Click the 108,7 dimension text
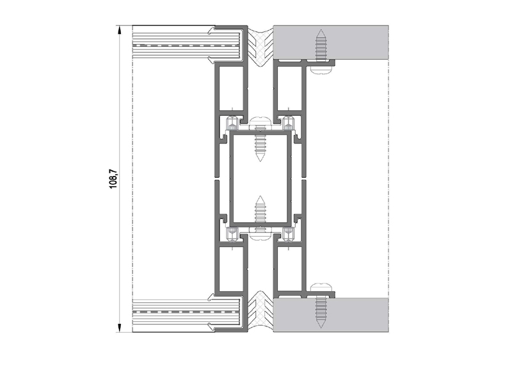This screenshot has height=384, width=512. [x=114, y=179]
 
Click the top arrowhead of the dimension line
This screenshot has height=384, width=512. [x=120, y=29]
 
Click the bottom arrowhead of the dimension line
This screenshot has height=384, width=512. [x=120, y=328]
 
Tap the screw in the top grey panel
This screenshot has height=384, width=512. [x=321, y=45]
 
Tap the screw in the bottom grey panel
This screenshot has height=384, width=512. [x=321, y=312]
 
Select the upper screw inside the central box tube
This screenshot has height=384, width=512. [x=260, y=146]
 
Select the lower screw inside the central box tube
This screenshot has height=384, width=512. [x=260, y=211]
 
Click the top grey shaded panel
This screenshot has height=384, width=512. [x=331, y=42]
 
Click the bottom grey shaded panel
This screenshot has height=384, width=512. [x=331, y=315]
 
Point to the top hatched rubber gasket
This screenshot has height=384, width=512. [x=260, y=46]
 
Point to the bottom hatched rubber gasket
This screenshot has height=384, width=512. [x=260, y=311]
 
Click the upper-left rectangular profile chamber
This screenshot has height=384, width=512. [x=231, y=88]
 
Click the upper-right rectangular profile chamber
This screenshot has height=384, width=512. [x=289, y=88]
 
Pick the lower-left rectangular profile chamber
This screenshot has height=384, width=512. [x=231, y=269]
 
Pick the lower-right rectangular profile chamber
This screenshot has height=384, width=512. [x=289, y=269]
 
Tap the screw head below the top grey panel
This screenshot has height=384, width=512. [x=321, y=70]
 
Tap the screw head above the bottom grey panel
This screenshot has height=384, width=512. [x=321, y=287]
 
